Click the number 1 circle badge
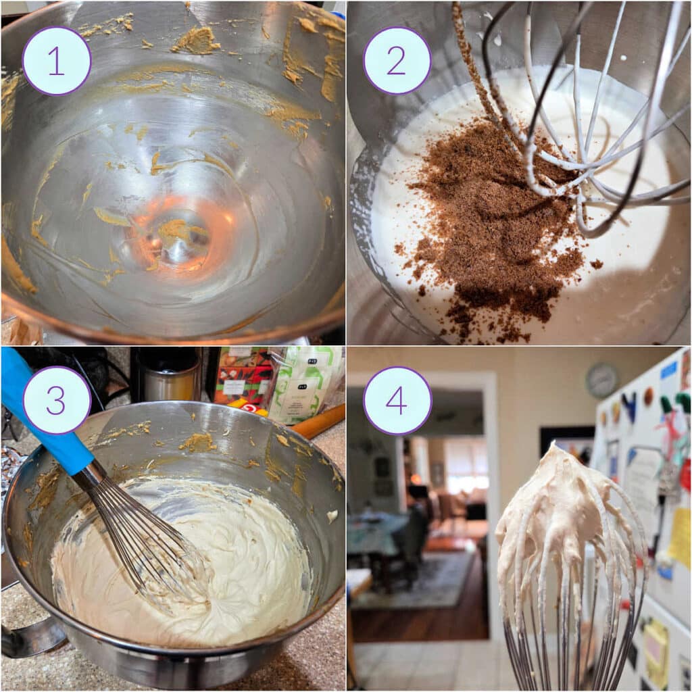pos(57,61)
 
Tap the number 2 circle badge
pos(397,61)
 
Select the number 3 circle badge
pos(57,401)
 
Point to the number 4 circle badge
pos(397,401)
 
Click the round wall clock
pos(601,380)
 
